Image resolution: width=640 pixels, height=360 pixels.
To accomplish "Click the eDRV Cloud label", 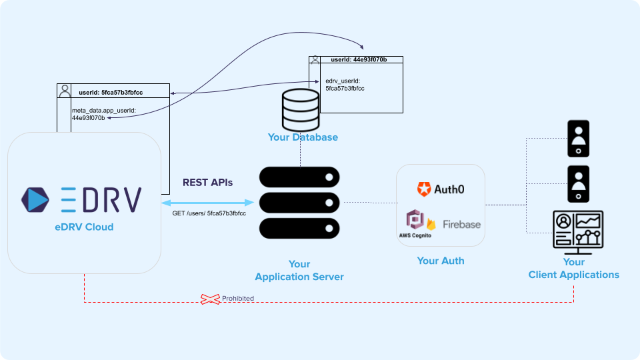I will coord(84,227).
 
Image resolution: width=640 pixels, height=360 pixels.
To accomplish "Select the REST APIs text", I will coord(208,182).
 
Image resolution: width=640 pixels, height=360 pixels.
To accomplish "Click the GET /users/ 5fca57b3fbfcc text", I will coord(209,213).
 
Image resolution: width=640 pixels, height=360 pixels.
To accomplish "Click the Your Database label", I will coord(303,137).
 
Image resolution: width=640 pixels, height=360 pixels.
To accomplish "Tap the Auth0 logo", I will coord(440,189).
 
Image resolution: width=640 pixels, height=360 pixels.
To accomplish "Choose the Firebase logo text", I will coord(461,225).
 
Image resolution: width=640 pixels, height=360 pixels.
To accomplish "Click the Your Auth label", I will coord(441,261).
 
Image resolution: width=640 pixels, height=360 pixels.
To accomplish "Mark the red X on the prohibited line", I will coord(211,299).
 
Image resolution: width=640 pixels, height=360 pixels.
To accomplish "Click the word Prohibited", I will coord(238,299).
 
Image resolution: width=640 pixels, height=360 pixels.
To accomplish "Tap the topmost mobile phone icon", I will coord(577,138).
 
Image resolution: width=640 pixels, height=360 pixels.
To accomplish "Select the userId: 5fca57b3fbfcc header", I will coord(111,92).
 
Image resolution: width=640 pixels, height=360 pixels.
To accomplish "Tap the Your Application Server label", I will coord(299,270).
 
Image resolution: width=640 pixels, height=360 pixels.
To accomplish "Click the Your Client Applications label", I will coord(573,269).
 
